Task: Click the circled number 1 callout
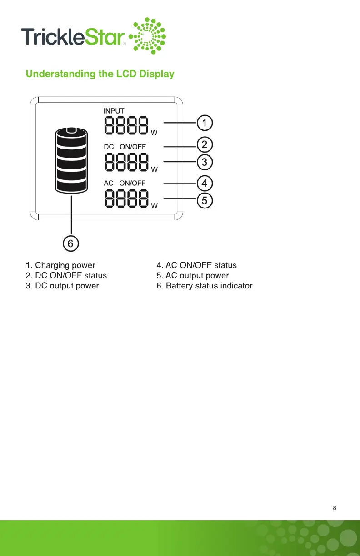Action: pos(205,123)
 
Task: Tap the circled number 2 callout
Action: pos(205,145)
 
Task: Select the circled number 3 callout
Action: pos(205,162)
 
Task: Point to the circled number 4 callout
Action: pos(205,184)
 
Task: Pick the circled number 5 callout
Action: pos(205,200)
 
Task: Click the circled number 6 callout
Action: pos(71,244)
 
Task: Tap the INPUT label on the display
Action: pos(114,110)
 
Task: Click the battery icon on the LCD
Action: pos(71,160)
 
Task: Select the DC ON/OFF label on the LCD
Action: pos(125,147)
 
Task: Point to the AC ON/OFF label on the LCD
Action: pos(125,183)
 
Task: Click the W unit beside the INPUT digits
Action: pos(154,133)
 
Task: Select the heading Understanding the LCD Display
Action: pos(100,74)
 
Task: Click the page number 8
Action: pos(335,508)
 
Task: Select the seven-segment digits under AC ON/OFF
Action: pos(127,199)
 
